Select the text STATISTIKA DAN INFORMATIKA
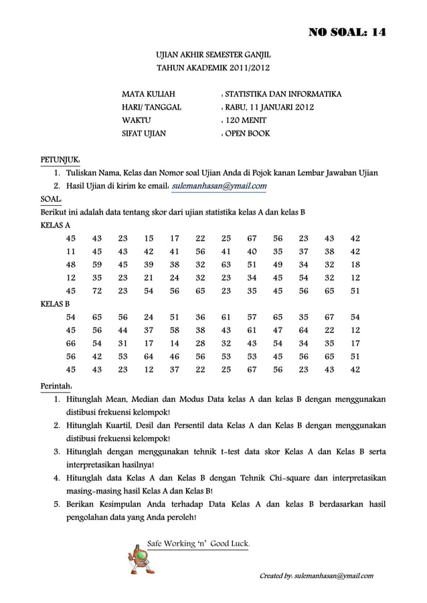[x=283, y=94]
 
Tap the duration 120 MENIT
[x=246, y=120]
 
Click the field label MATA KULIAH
[x=148, y=94]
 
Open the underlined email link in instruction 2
[x=220, y=186]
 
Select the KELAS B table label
[x=56, y=304]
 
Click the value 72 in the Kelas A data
[x=97, y=291]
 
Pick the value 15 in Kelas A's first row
[x=149, y=238]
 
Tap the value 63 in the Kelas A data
[x=226, y=264]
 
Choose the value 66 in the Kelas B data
[x=71, y=343]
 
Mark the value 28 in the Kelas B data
[x=200, y=343]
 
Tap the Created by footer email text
[x=319, y=576]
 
